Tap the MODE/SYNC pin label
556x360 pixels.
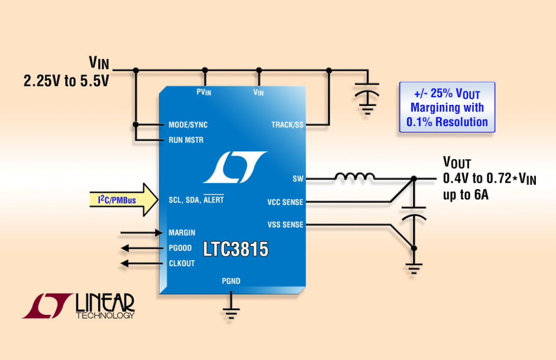[188, 125]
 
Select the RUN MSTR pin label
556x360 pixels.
[186, 140]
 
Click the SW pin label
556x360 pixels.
[298, 179]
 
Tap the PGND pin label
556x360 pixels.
[231, 281]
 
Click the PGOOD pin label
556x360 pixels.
[180, 248]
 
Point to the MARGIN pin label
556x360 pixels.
[181, 232]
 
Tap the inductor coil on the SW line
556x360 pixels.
[354, 177]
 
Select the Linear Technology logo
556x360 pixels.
[79, 305]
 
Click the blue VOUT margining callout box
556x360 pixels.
[447, 107]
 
